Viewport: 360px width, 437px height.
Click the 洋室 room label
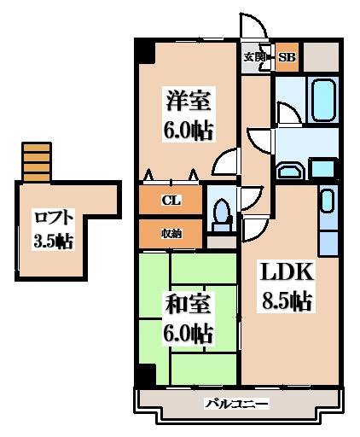(x=189, y=101)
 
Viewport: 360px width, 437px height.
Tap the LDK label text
(x=287, y=272)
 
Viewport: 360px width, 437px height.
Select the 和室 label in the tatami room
(x=189, y=305)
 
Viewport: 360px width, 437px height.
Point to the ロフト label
(x=54, y=218)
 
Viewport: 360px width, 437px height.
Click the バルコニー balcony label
(x=237, y=404)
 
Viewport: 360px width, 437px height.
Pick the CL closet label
(x=171, y=201)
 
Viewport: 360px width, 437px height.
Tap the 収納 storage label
(x=171, y=234)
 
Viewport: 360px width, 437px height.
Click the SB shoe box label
(x=287, y=57)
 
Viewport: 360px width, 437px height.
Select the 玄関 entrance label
(x=254, y=57)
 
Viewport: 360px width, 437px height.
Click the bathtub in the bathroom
(x=323, y=100)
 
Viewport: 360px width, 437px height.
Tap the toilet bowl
(x=222, y=216)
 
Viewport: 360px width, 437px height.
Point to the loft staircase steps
(x=37, y=162)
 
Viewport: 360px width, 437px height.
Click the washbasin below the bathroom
(x=290, y=172)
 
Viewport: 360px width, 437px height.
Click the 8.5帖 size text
(x=287, y=300)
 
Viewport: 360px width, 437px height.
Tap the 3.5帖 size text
(x=53, y=242)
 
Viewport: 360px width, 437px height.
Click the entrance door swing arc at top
(x=254, y=26)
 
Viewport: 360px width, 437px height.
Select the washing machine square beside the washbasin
(x=322, y=169)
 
